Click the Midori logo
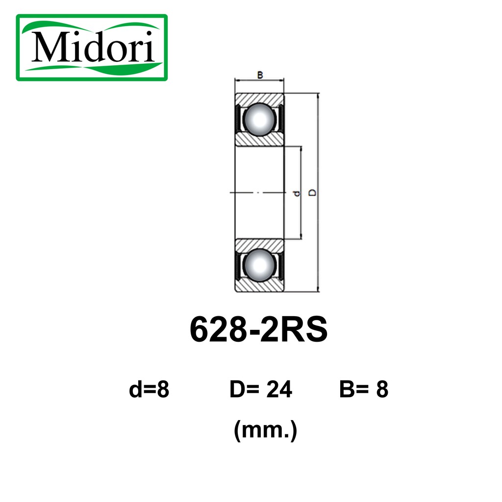coord(92,48)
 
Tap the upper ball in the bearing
coord(259,120)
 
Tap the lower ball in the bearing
coord(259,265)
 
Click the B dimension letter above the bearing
coord(260,75)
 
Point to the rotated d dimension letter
coord(297,193)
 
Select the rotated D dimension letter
coord(312,192)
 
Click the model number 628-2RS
coord(259,329)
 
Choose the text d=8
coord(149,389)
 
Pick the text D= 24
coord(261,389)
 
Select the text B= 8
coord(364,389)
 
